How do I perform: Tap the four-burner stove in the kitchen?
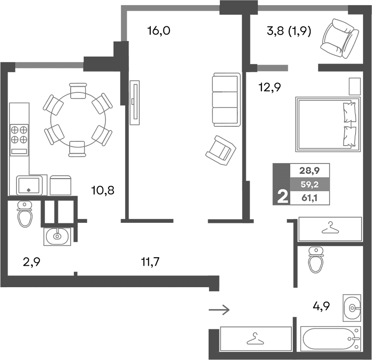19,133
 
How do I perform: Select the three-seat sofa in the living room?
226,99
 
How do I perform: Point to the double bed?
327,124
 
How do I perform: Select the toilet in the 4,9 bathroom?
315,260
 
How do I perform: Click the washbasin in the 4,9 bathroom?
352,307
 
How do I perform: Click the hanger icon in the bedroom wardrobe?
330,229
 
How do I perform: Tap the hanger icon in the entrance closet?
255,339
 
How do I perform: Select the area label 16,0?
158,32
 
